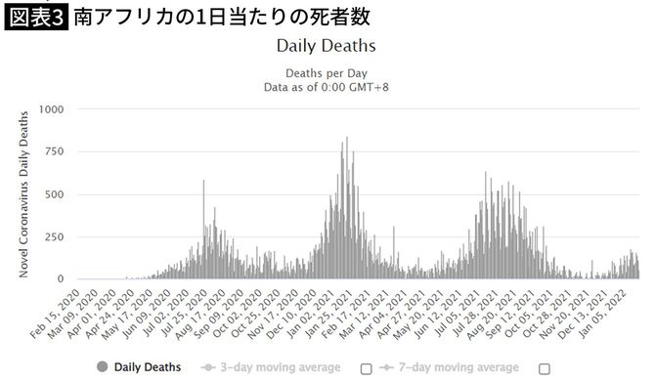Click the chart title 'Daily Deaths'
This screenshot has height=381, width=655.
tap(326, 46)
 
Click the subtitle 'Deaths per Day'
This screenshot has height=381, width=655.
tap(326, 71)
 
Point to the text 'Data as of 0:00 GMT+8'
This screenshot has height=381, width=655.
tap(326, 86)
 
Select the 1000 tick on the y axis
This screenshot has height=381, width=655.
tap(51, 108)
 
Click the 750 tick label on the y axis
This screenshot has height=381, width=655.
tap(55, 151)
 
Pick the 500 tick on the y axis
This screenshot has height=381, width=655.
tap(55, 194)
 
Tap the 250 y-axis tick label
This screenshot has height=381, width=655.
tap(55, 236)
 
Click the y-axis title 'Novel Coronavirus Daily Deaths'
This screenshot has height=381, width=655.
tap(23, 193)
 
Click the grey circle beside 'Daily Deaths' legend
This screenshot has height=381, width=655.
tap(103, 367)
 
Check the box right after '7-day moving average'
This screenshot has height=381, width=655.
tap(545, 368)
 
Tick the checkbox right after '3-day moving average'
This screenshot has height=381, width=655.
tap(366, 368)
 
